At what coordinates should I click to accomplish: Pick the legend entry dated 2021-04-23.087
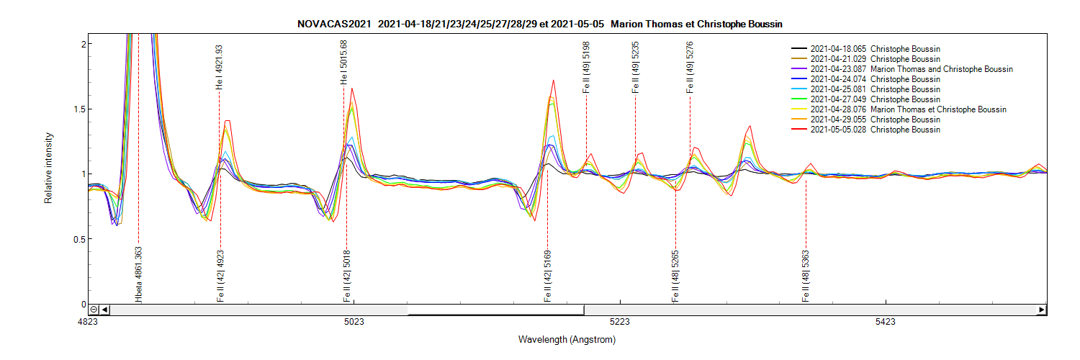click(912, 69)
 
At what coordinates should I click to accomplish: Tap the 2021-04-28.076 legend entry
click(908, 109)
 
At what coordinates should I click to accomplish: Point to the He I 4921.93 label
click(219, 67)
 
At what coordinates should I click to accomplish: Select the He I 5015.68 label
click(343, 62)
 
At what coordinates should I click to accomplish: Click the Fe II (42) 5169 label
click(547, 276)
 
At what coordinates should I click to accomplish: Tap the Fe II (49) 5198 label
click(586, 67)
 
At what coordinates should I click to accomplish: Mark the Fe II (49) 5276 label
click(690, 67)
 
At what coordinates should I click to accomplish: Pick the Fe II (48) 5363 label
click(805, 276)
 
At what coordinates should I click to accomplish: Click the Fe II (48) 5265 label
click(675, 276)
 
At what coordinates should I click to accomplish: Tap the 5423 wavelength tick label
click(885, 322)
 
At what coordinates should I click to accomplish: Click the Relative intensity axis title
click(49, 167)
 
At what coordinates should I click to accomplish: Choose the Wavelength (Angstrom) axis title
click(567, 339)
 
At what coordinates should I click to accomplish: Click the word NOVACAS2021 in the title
click(334, 24)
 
